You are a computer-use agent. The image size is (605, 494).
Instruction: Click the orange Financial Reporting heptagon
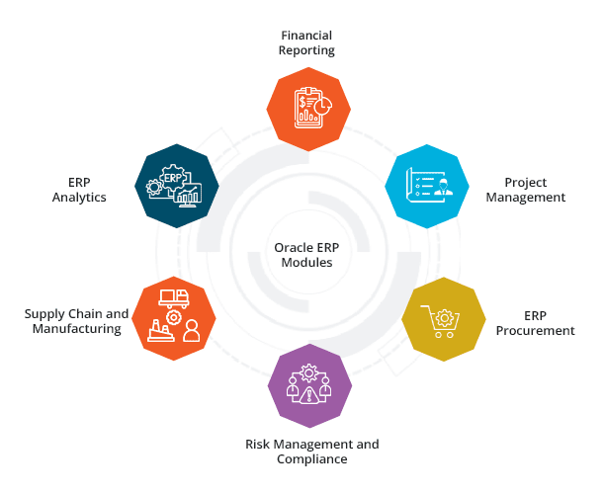point(308,106)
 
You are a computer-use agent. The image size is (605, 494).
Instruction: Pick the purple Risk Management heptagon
point(308,387)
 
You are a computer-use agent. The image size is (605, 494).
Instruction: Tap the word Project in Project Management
point(524,183)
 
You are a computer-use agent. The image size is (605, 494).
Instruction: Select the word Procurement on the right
point(535,331)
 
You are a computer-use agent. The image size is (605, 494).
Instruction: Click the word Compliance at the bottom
point(311,459)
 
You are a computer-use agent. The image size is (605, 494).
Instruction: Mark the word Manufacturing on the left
point(76,329)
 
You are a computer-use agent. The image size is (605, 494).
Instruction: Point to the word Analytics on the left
point(80,198)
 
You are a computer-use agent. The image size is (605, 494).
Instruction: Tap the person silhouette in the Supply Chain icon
point(191,331)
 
